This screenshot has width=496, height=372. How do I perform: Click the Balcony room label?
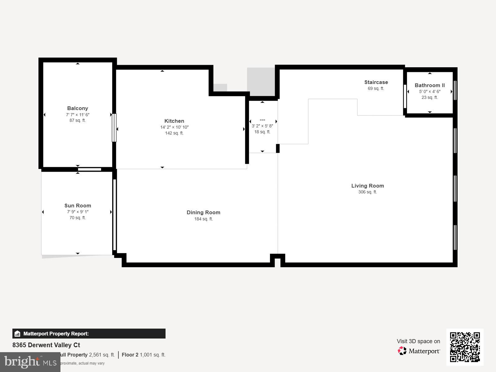click(77, 108)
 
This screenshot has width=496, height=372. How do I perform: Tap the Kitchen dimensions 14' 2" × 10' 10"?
click(174, 127)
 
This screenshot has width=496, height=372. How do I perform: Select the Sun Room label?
click(77, 206)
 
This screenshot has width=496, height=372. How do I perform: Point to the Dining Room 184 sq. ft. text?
click(203, 219)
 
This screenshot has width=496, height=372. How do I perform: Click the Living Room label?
click(367, 186)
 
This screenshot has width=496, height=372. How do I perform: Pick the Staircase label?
click(376, 82)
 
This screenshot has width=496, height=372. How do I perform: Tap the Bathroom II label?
click(429, 85)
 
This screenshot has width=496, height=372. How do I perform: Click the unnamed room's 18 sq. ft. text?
click(262, 132)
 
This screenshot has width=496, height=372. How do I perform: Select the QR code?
click(465, 347)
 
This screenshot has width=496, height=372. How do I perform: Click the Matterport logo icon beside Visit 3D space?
click(402, 351)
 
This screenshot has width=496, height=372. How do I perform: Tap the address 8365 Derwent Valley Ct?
click(46, 345)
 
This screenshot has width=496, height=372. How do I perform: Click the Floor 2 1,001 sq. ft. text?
click(144, 355)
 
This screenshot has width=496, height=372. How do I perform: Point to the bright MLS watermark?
click(30, 362)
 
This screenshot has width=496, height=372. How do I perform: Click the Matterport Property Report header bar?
click(89, 334)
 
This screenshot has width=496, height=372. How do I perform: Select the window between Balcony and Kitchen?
click(114, 128)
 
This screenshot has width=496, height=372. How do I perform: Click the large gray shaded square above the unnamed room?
click(261, 82)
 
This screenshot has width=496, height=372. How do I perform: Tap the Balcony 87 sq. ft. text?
click(77, 120)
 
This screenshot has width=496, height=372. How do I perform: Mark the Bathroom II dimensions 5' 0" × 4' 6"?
click(429, 91)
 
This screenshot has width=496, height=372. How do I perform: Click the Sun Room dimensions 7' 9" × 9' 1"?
click(77, 212)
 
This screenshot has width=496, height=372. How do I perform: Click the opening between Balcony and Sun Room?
click(89, 169)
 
